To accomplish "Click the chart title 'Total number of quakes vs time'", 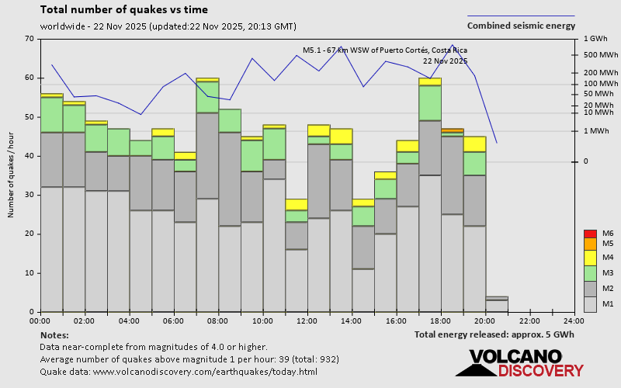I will coord(124,10).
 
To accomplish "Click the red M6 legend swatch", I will coord(589,234).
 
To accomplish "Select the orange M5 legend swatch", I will coord(589,244).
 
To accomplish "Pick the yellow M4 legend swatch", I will coord(589,257).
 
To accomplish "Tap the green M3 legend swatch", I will coord(589,273).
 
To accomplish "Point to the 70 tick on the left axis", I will coord(29,39).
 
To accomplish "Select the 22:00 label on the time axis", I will coord(530,320).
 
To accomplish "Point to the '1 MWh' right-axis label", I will coord(595,131).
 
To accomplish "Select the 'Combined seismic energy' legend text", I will coord(521,26).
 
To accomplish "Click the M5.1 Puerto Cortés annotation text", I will coord(385,50).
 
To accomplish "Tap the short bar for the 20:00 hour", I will coord(497,304).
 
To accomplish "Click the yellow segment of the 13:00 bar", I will coord(341,136).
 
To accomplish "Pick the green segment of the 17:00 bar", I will coord(430,102).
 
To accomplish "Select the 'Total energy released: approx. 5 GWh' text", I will coord(494,334).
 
